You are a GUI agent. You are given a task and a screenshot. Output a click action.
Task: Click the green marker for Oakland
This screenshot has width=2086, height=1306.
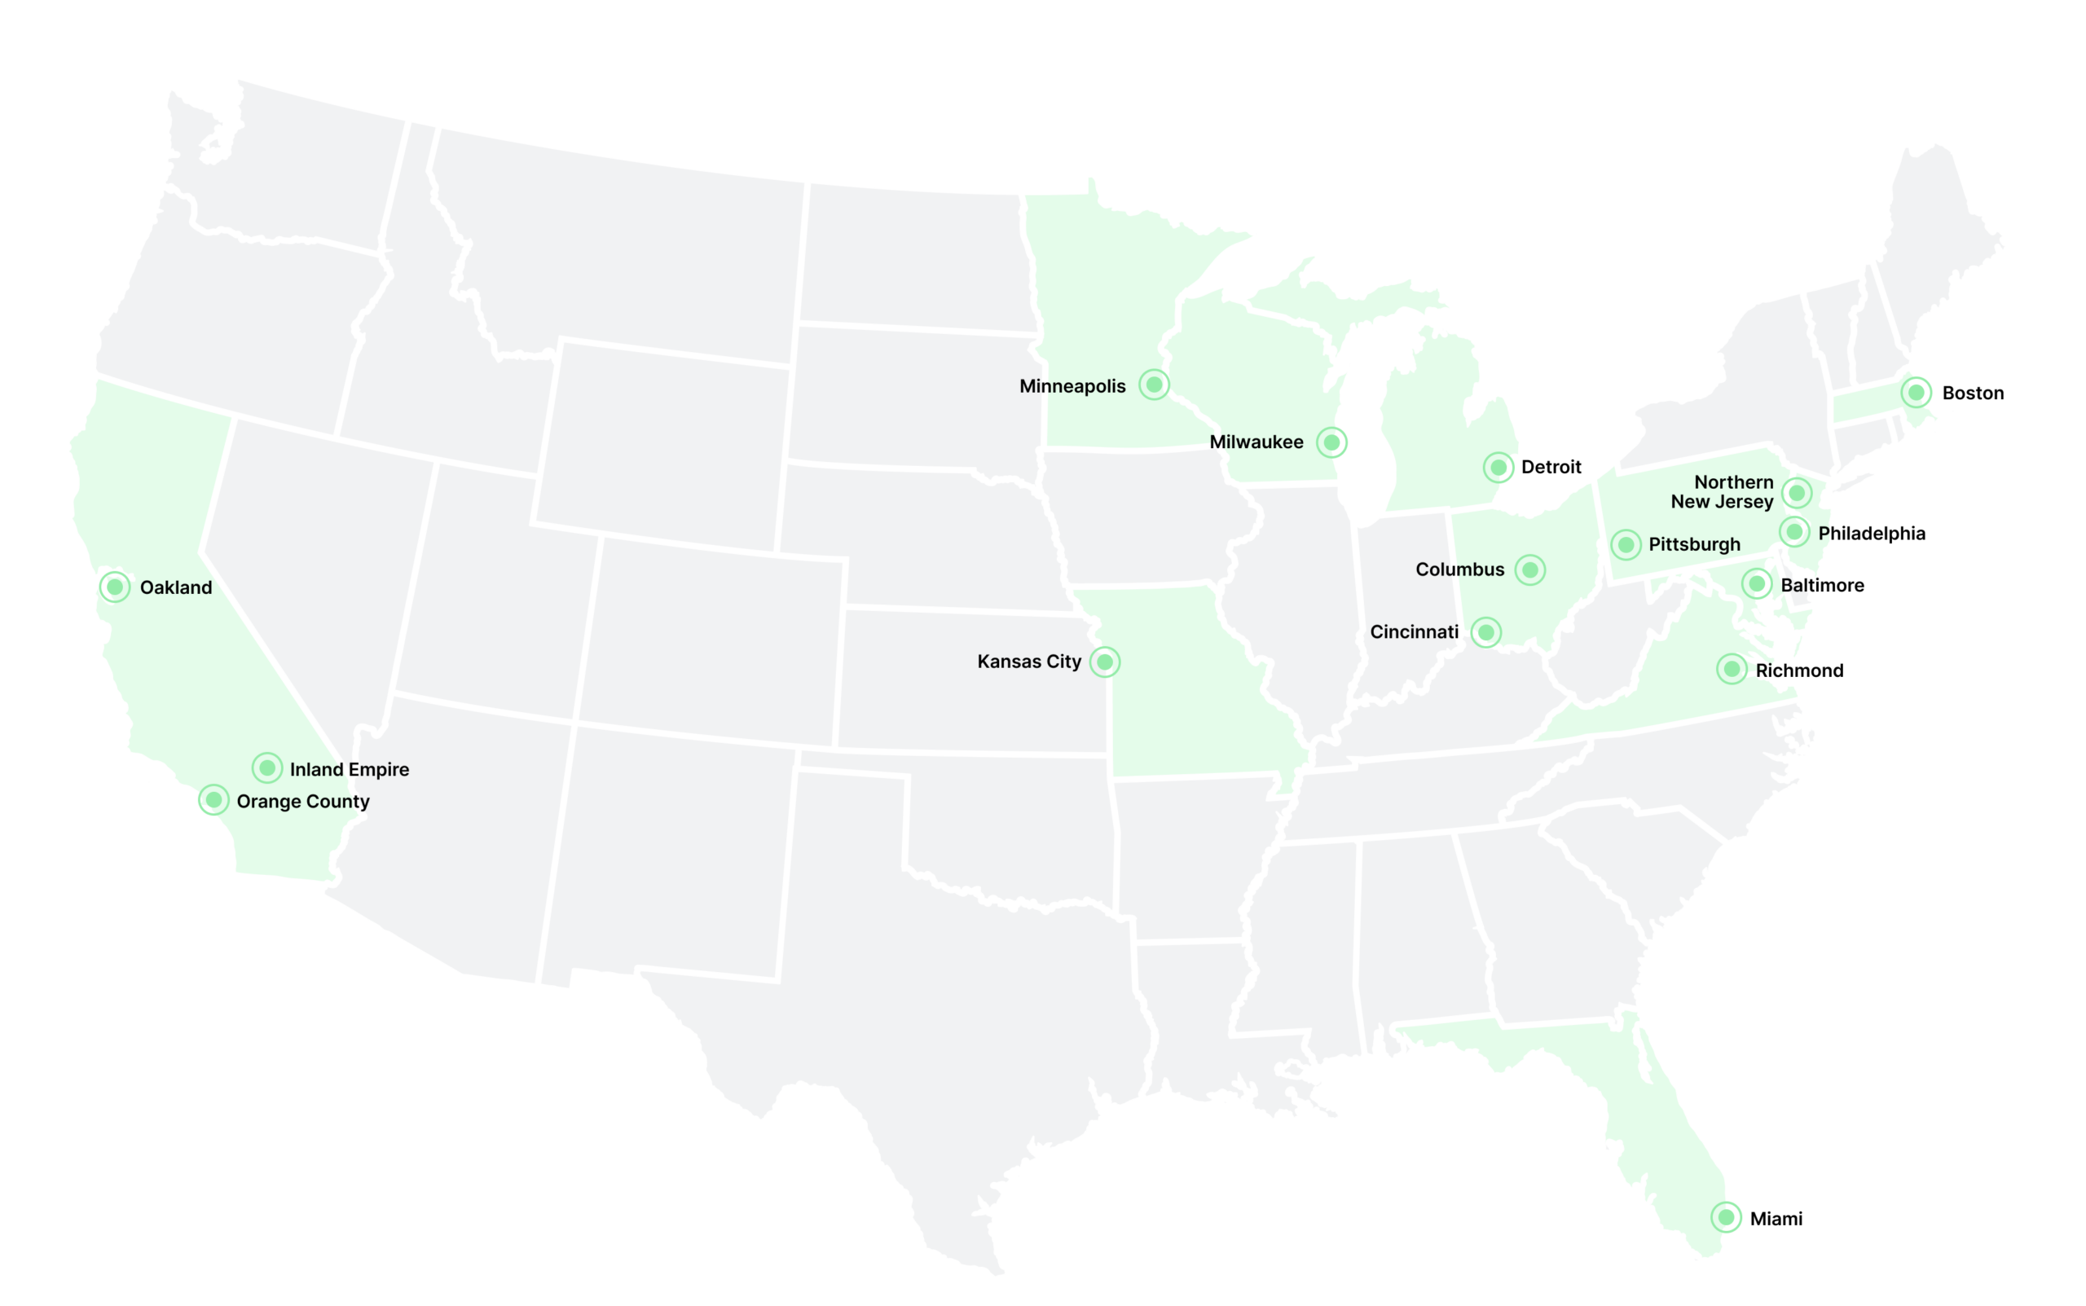(x=115, y=587)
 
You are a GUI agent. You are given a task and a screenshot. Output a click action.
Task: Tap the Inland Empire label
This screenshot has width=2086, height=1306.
(x=349, y=770)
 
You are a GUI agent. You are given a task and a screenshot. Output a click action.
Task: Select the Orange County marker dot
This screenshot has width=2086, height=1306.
(x=213, y=800)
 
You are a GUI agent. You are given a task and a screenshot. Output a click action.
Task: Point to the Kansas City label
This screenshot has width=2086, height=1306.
(x=1029, y=662)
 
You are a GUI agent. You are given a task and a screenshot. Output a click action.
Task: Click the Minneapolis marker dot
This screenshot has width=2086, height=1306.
(x=1154, y=385)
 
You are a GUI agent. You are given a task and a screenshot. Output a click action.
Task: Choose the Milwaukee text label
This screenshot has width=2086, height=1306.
(x=1256, y=442)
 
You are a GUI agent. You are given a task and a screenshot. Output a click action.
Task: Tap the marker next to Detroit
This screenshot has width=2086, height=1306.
(x=1498, y=468)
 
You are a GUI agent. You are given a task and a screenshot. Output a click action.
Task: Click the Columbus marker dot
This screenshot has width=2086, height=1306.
(x=1529, y=570)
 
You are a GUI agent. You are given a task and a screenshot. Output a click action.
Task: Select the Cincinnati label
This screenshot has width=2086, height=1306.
(x=1414, y=632)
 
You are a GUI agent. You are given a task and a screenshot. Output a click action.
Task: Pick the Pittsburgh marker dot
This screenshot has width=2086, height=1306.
(x=1626, y=545)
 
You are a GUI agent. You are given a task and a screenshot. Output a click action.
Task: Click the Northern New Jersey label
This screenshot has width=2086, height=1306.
(x=1724, y=491)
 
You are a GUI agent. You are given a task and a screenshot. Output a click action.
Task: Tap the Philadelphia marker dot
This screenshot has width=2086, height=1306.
(x=1794, y=532)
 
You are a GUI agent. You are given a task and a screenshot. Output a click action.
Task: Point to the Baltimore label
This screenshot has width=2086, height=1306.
(x=1822, y=586)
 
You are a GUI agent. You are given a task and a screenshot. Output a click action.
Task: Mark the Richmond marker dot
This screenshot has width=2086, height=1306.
(x=1732, y=670)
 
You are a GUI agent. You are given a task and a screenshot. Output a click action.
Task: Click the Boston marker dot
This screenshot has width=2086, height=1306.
(x=1916, y=393)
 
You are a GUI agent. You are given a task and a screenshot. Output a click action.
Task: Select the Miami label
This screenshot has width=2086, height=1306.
(x=1776, y=1219)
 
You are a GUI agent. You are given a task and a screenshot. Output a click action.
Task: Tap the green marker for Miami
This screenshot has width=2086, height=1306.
(x=1726, y=1218)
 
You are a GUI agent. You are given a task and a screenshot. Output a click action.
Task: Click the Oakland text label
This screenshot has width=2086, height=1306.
(x=175, y=587)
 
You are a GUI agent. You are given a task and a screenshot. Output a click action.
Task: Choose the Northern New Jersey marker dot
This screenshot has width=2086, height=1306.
(x=1797, y=493)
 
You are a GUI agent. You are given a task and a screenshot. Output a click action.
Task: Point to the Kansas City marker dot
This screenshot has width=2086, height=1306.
(x=1105, y=662)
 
